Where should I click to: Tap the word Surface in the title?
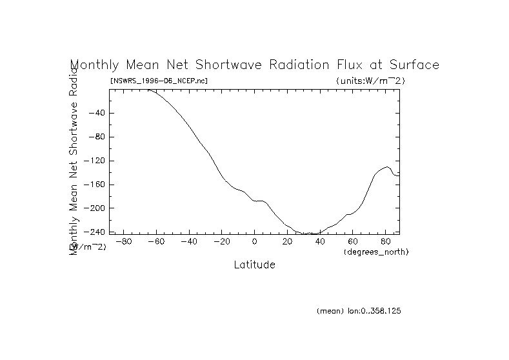coord(412,65)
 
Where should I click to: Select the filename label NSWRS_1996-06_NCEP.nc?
coord(159,81)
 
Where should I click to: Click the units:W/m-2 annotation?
coord(370,81)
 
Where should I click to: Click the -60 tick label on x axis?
coord(157,242)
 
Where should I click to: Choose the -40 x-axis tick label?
coord(189,242)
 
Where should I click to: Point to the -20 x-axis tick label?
coord(222,242)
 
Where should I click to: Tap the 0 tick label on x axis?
coord(255,242)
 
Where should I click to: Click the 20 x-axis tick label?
coord(287,242)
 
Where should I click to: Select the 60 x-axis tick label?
coord(352,242)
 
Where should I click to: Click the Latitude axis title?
coord(254,265)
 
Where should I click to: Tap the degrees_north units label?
coord(376,252)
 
